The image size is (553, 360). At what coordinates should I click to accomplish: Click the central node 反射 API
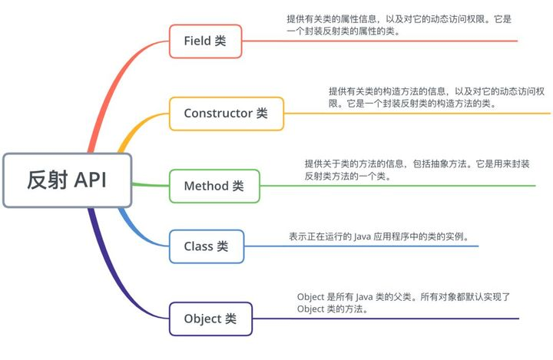(x=68, y=180)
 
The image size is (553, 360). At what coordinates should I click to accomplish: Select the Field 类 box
(x=205, y=41)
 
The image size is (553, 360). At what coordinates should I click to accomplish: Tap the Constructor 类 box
(x=226, y=114)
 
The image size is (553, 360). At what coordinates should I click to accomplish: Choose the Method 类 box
(x=214, y=186)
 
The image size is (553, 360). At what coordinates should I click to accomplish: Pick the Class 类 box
(x=206, y=247)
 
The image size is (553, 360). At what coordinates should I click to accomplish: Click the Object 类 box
(x=210, y=319)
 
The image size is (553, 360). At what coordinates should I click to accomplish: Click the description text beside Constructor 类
(x=434, y=97)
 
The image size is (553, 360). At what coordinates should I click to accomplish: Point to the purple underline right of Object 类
(x=385, y=319)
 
